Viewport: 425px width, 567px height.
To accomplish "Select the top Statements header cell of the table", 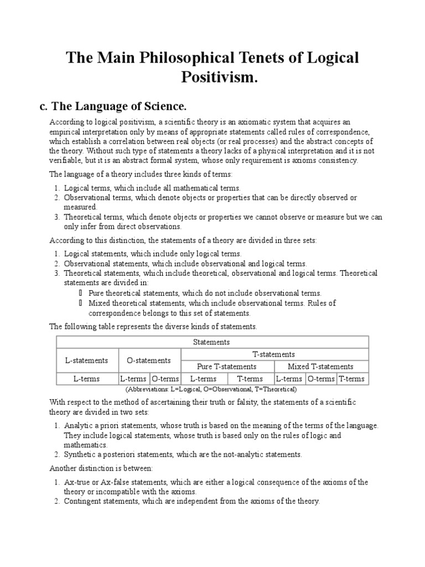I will point(212,342).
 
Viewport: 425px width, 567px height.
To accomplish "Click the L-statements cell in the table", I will point(86,360).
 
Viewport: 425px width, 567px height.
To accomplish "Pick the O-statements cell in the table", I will point(149,360).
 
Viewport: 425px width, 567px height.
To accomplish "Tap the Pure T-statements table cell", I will point(227,367).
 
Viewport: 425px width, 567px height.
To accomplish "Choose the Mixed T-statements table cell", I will point(321,367).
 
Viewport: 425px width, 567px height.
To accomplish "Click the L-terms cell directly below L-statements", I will point(86,379).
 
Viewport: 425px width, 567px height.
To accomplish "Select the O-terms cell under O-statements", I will point(165,379).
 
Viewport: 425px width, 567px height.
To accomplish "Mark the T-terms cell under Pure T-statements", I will point(250,379).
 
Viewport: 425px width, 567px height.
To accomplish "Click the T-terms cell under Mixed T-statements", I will point(352,379).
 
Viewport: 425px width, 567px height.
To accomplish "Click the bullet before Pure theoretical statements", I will point(80,293).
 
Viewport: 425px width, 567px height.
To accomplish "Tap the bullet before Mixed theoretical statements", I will point(80,303).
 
